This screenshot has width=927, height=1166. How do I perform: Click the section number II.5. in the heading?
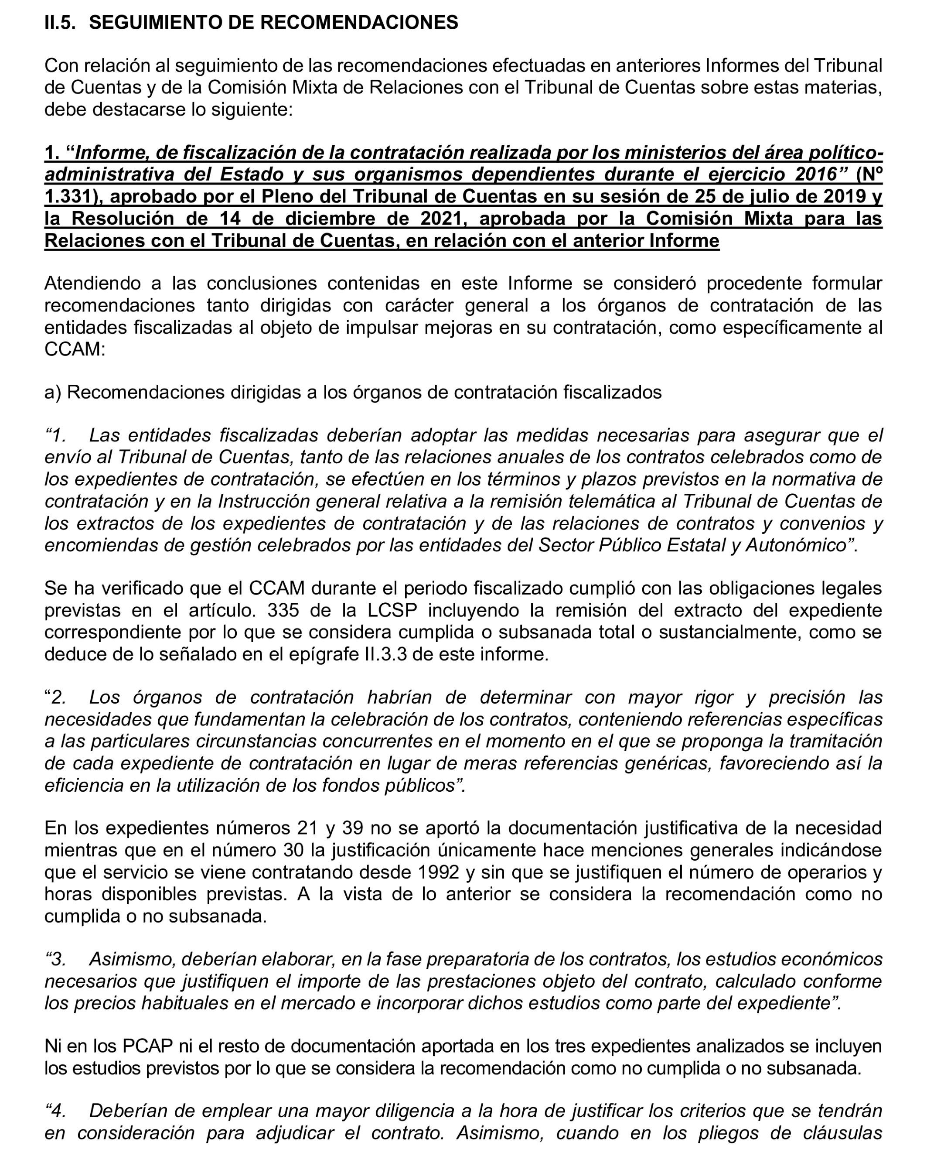coord(60,23)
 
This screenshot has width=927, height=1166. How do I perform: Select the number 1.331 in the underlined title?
coord(70,196)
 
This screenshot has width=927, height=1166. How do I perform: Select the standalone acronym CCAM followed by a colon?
coord(72,349)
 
